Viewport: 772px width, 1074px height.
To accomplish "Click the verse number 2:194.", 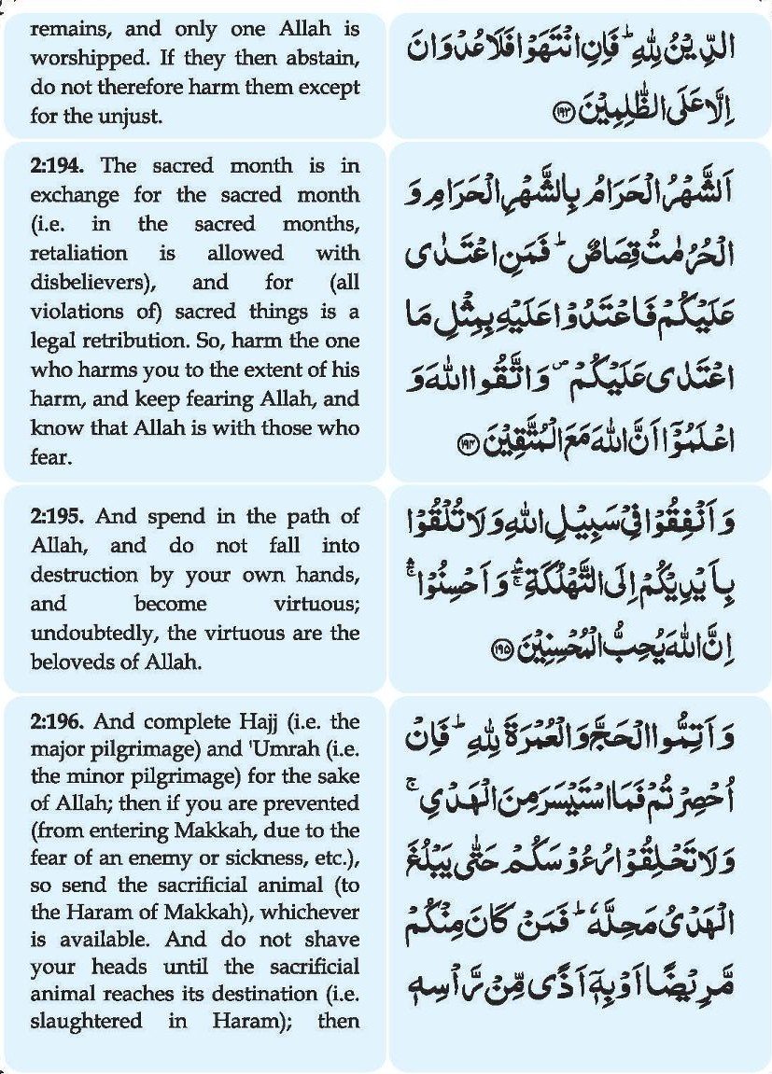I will pos(59,166).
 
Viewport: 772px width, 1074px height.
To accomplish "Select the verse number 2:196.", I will pos(59,721).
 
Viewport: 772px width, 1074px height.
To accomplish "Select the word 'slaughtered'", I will pos(85,1022).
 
